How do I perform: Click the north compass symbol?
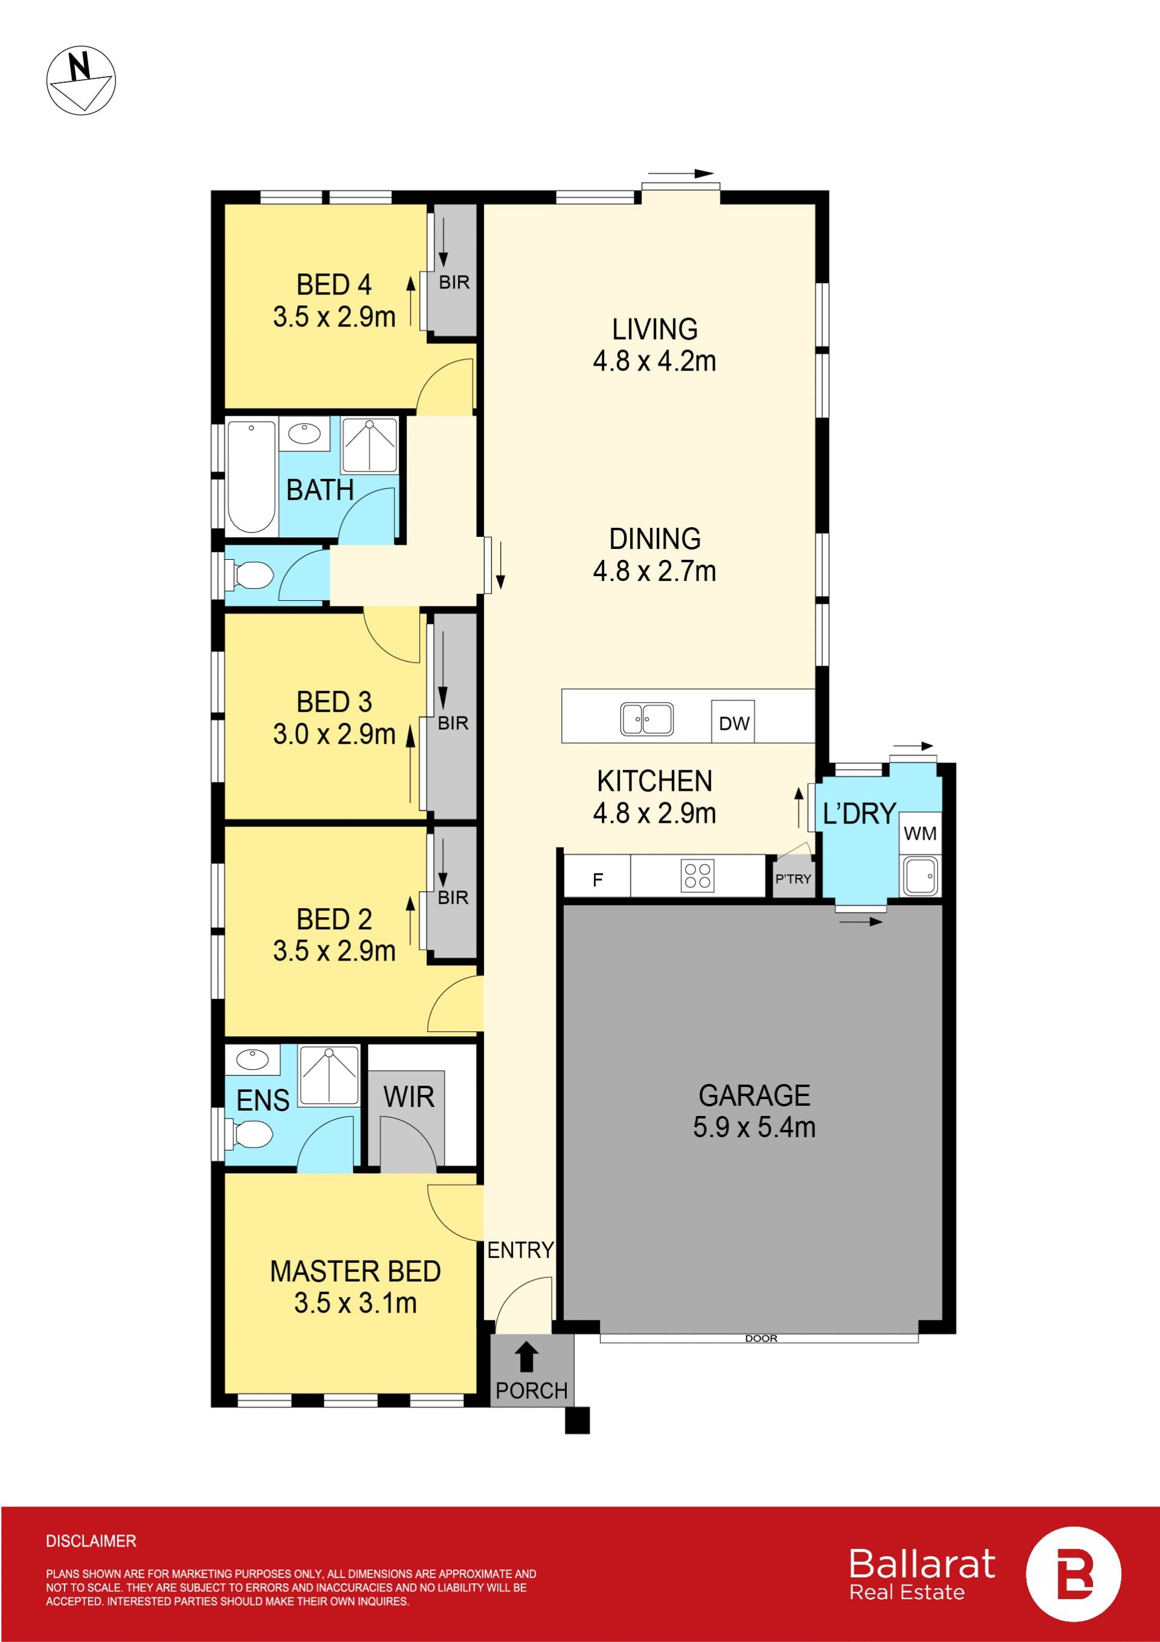pyautogui.click(x=81, y=80)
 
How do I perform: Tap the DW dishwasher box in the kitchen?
pyautogui.click(x=733, y=722)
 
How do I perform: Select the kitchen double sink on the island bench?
pyautogui.click(x=646, y=719)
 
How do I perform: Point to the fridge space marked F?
pyautogui.click(x=598, y=879)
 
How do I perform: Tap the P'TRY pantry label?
pyautogui.click(x=793, y=878)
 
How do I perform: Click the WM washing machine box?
pyautogui.click(x=920, y=833)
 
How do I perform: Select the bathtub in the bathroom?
pyautogui.click(x=251, y=477)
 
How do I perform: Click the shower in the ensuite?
pyautogui.click(x=329, y=1076)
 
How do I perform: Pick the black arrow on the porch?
pyautogui.click(x=527, y=1357)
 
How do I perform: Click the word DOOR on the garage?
pyautogui.click(x=761, y=1338)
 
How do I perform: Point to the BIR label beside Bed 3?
pyautogui.click(x=453, y=723)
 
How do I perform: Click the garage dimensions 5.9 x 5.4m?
pyautogui.click(x=754, y=1127)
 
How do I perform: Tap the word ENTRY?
pyautogui.click(x=520, y=1250)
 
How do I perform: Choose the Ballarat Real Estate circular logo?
pyautogui.click(x=1074, y=1574)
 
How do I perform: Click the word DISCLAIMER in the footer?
pyautogui.click(x=91, y=1540)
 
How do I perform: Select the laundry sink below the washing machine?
pyautogui.click(x=920, y=876)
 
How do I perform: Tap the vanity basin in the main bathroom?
pyautogui.click(x=305, y=434)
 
